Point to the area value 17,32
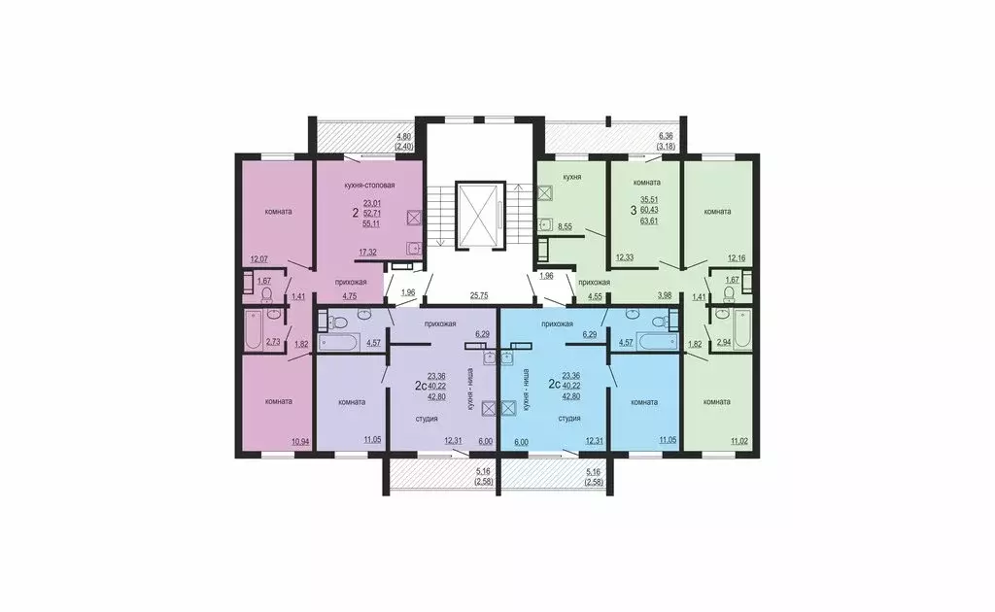coord(367,253)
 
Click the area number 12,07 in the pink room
coord(259,259)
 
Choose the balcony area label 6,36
coord(666,136)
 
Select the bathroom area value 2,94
coord(723,343)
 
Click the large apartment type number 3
coord(634,209)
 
